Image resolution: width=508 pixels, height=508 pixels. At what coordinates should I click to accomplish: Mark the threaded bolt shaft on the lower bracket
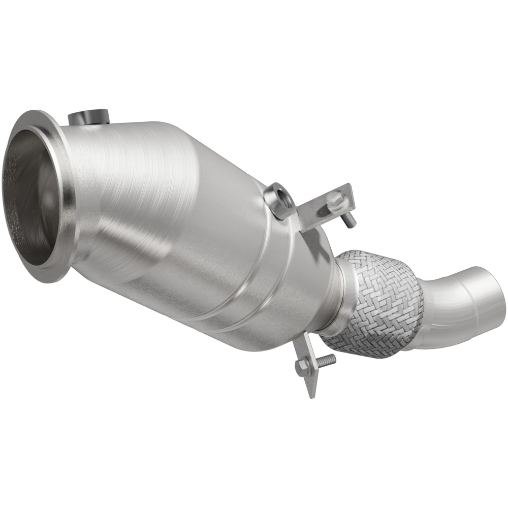click(325, 359)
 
